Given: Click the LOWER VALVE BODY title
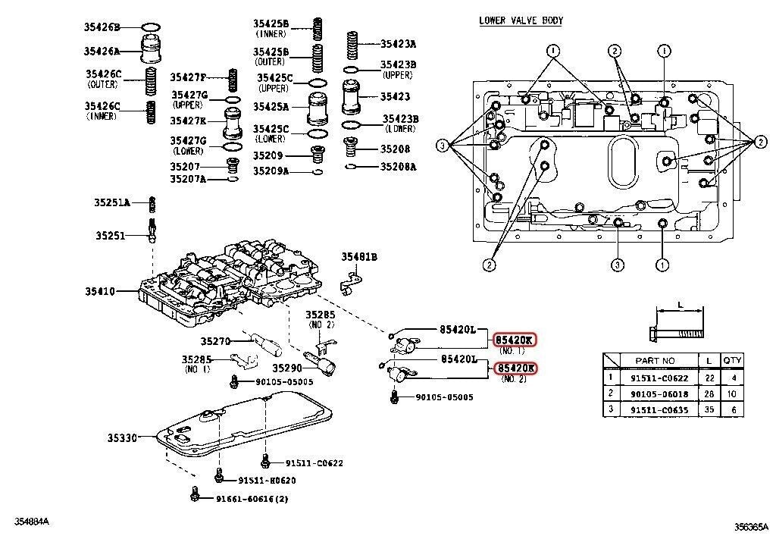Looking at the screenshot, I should (521, 20).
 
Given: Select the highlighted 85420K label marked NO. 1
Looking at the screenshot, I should (515, 340).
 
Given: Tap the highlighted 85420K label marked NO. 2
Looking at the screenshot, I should (515, 368).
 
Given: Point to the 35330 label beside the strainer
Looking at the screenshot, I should (122, 437).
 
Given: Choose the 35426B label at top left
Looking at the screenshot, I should (102, 27).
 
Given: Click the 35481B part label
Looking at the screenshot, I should (358, 257).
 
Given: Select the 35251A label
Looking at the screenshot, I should (112, 202).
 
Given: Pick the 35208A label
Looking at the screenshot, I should (398, 166).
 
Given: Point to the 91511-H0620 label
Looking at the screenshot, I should (267, 480).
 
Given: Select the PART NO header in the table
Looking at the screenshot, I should (657, 361).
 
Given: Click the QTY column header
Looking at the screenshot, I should (732, 361).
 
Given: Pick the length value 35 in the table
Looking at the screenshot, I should (709, 409).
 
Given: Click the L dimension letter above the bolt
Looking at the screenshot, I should (680, 305).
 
